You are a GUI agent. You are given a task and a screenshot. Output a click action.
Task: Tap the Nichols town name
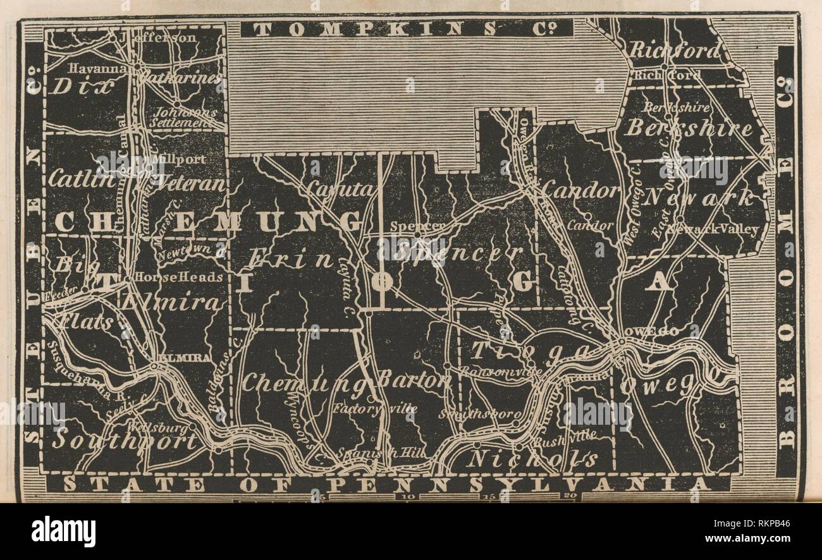pyautogui.click(x=532, y=459)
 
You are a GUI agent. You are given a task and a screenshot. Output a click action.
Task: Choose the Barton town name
pyautogui.click(x=414, y=381)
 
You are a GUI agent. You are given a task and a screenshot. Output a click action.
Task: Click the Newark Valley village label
pyautogui.click(x=720, y=229)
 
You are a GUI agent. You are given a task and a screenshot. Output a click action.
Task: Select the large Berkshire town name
pyautogui.click(x=689, y=128)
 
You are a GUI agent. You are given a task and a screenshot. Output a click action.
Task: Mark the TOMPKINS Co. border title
pyautogui.click(x=407, y=28)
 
